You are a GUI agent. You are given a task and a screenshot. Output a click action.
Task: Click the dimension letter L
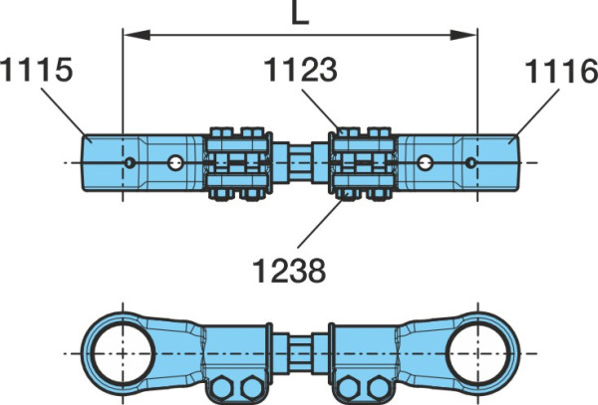pos(300,14)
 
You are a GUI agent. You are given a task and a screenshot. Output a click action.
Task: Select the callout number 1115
pos(36,70)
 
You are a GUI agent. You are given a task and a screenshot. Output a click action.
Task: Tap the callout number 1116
pos(561,72)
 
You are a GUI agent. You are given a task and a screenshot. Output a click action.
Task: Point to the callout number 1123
pos(301,70)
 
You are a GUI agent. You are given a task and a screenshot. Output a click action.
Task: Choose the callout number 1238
pos(289,271)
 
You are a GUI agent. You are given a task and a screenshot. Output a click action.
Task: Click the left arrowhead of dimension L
pos(137,35)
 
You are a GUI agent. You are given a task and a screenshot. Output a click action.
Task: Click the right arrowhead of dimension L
pos(463,35)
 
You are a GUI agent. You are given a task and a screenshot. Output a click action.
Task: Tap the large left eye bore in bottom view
pos(123,353)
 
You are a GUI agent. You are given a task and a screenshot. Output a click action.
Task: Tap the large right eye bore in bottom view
pos(477,353)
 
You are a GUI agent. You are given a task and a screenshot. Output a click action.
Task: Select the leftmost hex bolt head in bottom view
pos(222,388)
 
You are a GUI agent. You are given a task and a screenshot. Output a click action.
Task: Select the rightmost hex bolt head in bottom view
pos(379,388)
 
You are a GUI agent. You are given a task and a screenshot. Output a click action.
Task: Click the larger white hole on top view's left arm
pos(175,163)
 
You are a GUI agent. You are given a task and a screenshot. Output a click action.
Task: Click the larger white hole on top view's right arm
pos(425,163)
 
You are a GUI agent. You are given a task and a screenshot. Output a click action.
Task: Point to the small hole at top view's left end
pos(130,163)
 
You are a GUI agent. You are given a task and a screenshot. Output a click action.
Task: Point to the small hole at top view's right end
pos(471,163)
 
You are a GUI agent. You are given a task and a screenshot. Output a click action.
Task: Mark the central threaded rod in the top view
pos(300,163)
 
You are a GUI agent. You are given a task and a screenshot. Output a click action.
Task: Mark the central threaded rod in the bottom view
pos(300,353)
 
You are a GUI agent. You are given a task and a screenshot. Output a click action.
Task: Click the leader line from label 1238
pos(320,224)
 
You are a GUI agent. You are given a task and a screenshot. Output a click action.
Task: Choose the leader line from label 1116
pos(537,112)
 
